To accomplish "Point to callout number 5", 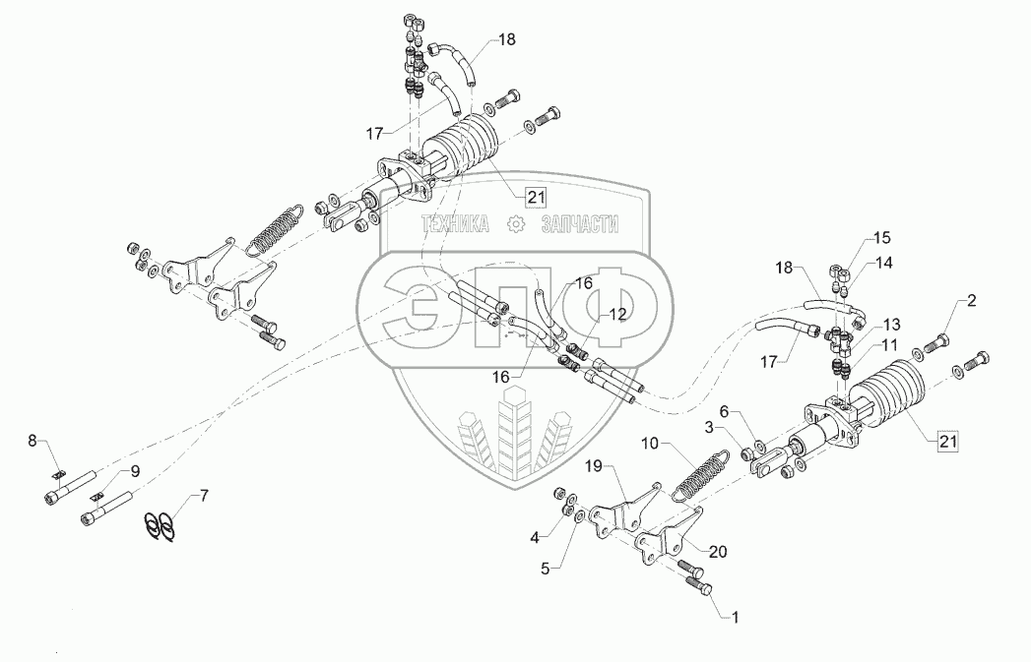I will point(535,537).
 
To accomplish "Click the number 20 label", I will point(718,552).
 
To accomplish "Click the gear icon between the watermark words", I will point(513,225).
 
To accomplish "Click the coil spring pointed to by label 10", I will point(702,477).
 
